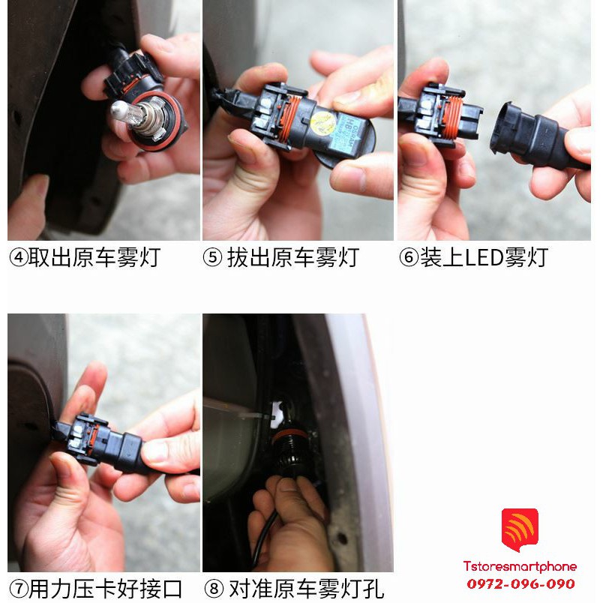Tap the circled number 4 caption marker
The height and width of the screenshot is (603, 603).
point(18,258)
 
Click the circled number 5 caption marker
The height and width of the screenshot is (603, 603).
point(212,258)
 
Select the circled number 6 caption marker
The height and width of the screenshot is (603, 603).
point(409,258)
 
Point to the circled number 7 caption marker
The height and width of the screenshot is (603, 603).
point(19,589)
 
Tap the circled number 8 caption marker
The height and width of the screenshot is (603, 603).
point(214,589)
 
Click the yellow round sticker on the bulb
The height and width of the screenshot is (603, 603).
point(323,124)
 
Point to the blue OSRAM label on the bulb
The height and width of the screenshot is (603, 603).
point(346,133)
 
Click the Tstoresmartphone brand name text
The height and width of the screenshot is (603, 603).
point(520,566)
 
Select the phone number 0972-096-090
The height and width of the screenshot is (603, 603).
point(520,583)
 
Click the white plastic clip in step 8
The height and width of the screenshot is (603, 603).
point(276,415)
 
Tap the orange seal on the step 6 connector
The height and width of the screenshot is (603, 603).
point(450,116)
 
